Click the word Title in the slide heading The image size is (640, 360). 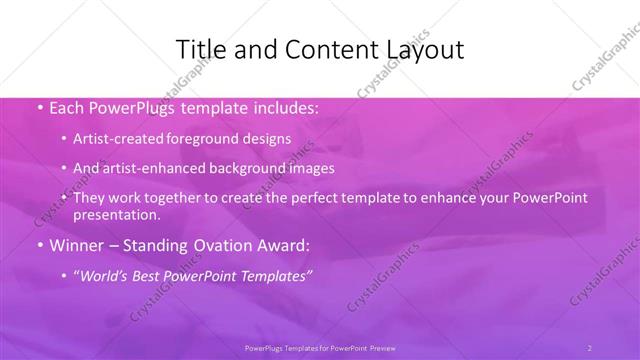tap(200, 50)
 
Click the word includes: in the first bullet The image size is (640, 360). tap(283, 106)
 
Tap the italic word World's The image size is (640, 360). tap(108, 275)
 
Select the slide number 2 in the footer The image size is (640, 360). tap(589, 347)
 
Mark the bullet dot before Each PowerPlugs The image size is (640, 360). tap(39, 106)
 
